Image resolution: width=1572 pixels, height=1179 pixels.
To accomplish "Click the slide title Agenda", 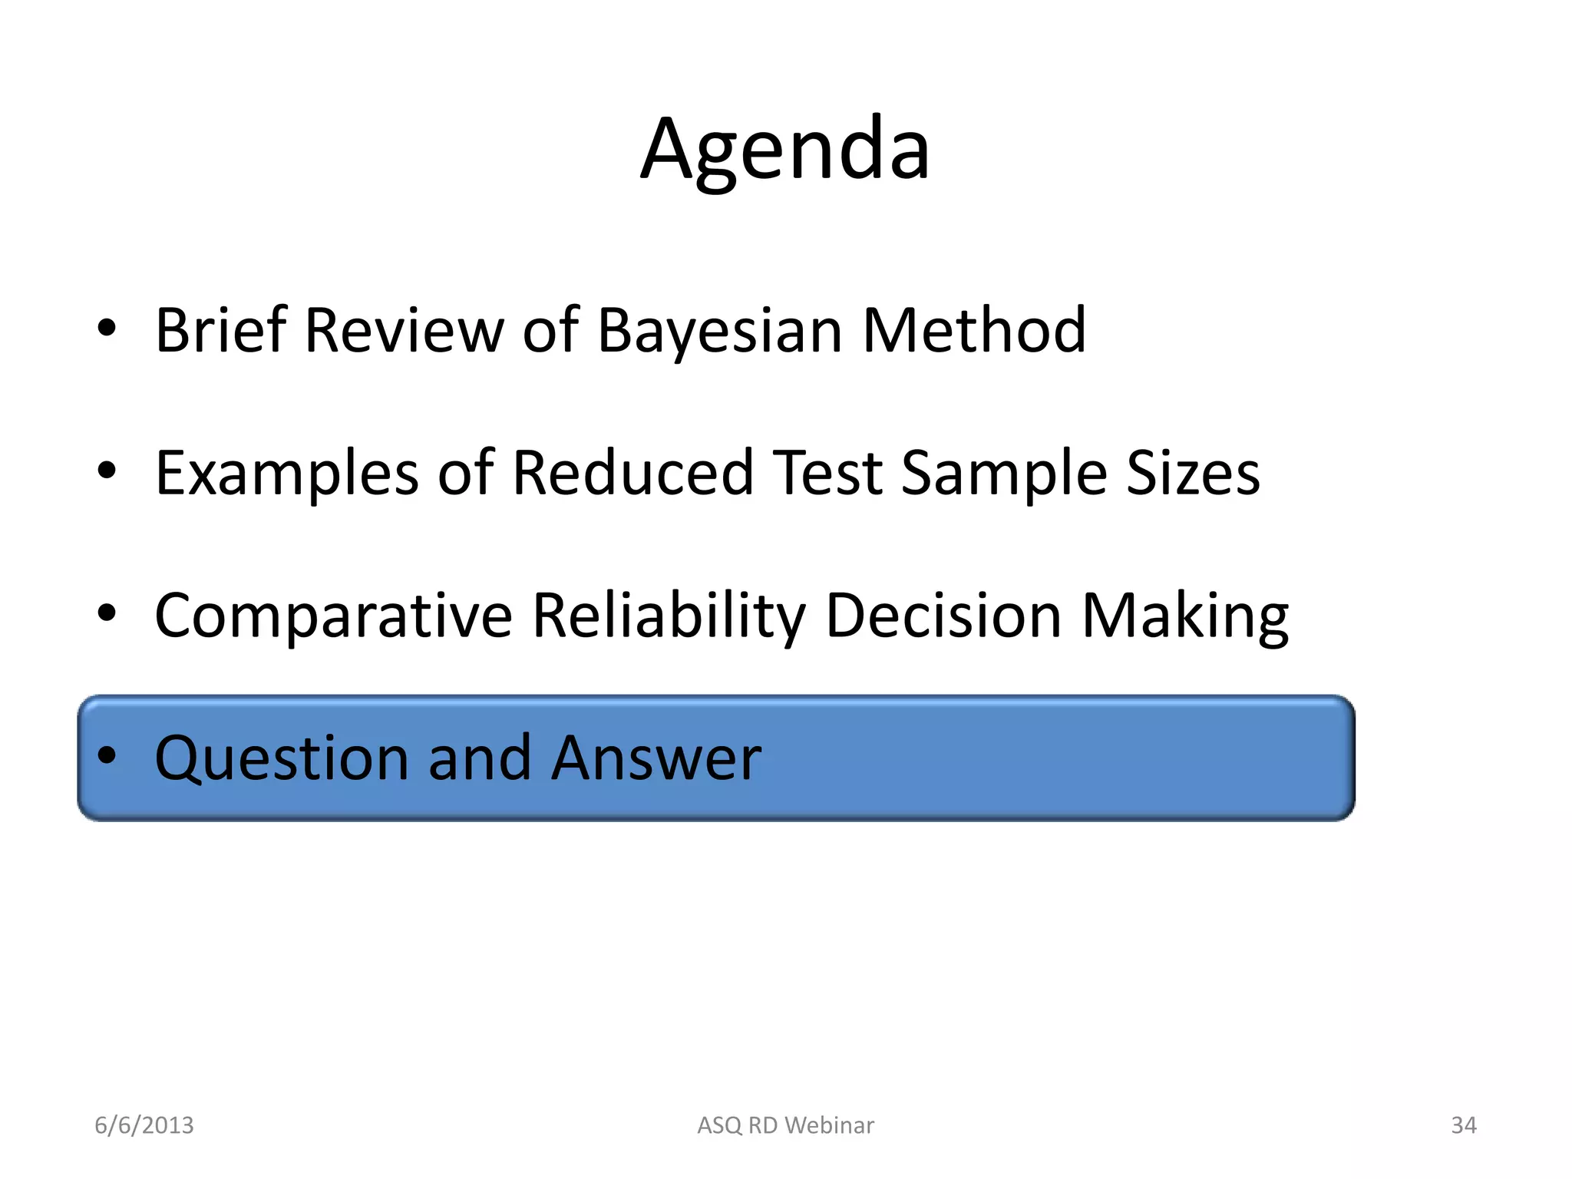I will tap(785, 150).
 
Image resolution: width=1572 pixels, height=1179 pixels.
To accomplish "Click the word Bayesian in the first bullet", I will tap(719, 330).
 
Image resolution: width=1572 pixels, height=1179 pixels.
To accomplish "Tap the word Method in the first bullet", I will tap(973, 330).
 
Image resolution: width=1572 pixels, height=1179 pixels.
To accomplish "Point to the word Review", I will tap(404, 330).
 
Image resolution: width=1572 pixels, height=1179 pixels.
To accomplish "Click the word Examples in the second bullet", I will tap(286, 474).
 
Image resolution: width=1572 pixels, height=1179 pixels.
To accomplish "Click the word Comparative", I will tap(333, 616).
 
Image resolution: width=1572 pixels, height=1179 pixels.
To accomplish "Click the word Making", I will tap(1184, 616).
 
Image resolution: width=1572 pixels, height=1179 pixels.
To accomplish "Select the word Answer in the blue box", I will tap(656, 758).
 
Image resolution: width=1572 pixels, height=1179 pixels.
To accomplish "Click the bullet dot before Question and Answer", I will tap(107, 756).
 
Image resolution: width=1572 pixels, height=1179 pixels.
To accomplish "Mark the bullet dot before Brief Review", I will tap(107, 329).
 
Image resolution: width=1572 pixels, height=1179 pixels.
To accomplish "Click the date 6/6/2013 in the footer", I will tap(144, 1125).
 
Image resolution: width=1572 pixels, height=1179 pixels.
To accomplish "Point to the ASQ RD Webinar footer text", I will tap(785, 1125).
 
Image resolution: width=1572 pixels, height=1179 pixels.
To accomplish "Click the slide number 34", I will tap(1463, 1125).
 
